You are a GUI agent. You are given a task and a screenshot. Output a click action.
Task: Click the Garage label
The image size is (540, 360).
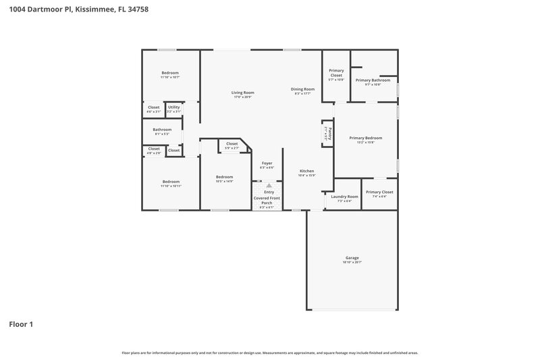pos(352,257)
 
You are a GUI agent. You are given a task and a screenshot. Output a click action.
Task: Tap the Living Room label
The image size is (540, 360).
pos(242,93)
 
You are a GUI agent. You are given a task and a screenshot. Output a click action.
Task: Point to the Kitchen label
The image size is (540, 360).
pos(307,172)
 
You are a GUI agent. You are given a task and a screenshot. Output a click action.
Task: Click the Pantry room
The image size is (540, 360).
pos(328,134)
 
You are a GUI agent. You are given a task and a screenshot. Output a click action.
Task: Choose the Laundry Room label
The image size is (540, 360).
pos(344,197)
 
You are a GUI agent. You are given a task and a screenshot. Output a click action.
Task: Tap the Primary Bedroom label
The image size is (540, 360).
pos(365,138)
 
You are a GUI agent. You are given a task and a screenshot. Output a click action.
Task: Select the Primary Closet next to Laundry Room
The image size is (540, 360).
pos(379,192)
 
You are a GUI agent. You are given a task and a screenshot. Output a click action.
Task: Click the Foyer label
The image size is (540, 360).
pos(267,163)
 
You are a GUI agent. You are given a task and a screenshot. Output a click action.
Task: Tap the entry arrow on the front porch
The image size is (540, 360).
pos(269,185)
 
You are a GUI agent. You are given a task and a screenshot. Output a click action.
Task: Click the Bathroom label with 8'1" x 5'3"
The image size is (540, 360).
pos(162,130)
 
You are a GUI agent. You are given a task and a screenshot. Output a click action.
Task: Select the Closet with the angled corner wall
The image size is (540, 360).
pos(232,144)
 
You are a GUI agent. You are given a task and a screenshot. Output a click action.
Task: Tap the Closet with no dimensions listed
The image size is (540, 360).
pos(173,150)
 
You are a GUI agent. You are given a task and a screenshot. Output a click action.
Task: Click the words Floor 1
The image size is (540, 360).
pos(21,324)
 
